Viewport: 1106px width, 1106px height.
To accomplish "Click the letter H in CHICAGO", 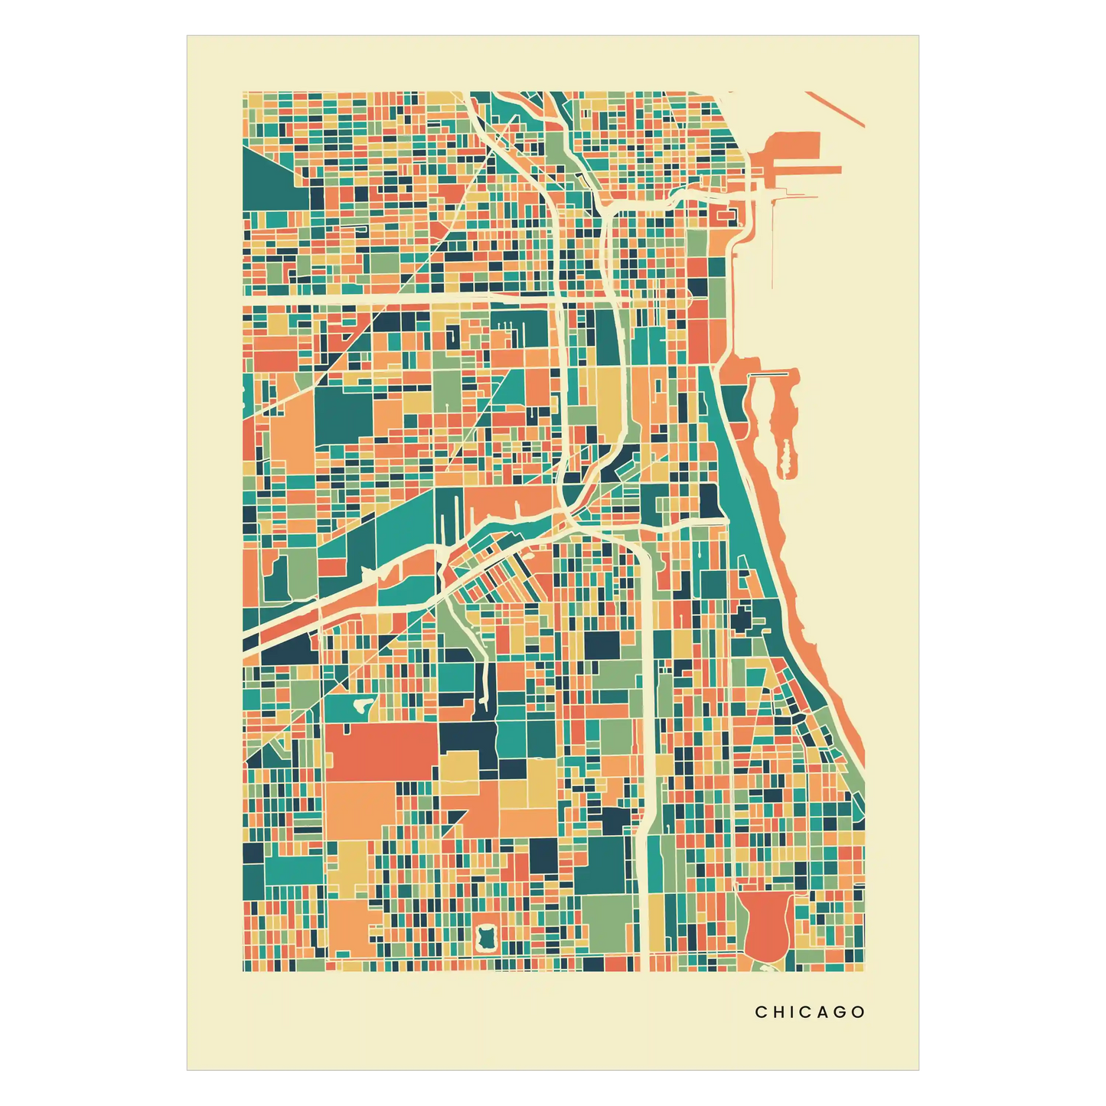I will pos(778,1012).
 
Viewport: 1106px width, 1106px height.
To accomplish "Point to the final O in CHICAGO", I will pos(858,1012).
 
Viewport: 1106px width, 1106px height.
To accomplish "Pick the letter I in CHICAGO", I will pos(791,1012).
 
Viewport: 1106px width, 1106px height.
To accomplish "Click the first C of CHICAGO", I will pos(761,1012).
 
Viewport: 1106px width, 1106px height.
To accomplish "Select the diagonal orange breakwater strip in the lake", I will pos(836,109).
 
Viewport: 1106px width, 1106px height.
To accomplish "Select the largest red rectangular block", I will pos(380,751).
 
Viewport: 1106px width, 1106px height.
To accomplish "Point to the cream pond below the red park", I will pos(768,967).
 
